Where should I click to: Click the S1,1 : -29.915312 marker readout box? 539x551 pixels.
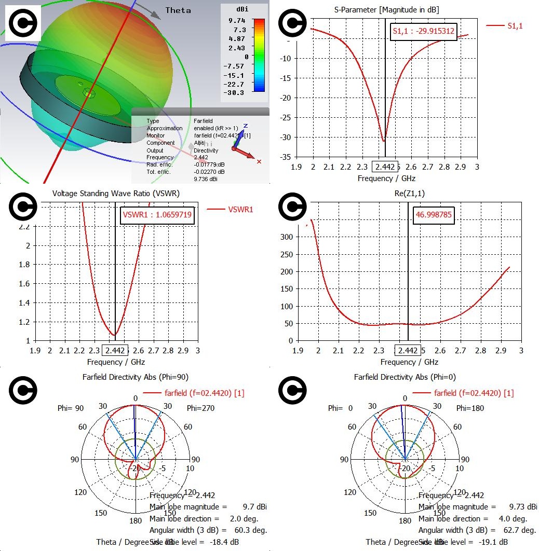coord(423,31)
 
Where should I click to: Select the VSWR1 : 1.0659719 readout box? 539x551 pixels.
coord(157,215)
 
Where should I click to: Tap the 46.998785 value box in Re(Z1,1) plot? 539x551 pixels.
coord(434,215)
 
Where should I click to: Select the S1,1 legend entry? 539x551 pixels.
coord(514,25)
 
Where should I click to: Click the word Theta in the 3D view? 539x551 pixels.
coord(178,10)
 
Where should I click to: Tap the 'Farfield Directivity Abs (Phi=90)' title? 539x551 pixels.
coord(133,377)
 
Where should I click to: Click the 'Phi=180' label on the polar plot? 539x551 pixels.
coord(470,408)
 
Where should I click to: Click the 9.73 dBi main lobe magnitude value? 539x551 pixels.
coord(516,506)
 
